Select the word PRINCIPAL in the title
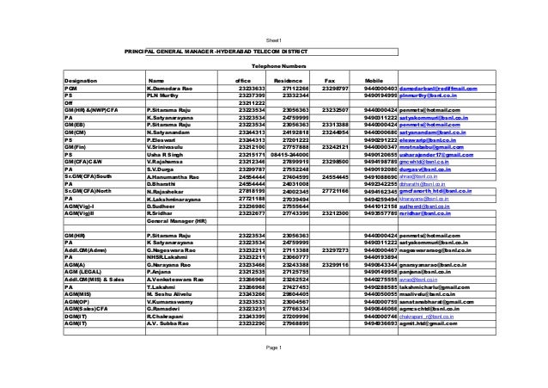click(144, 52)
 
